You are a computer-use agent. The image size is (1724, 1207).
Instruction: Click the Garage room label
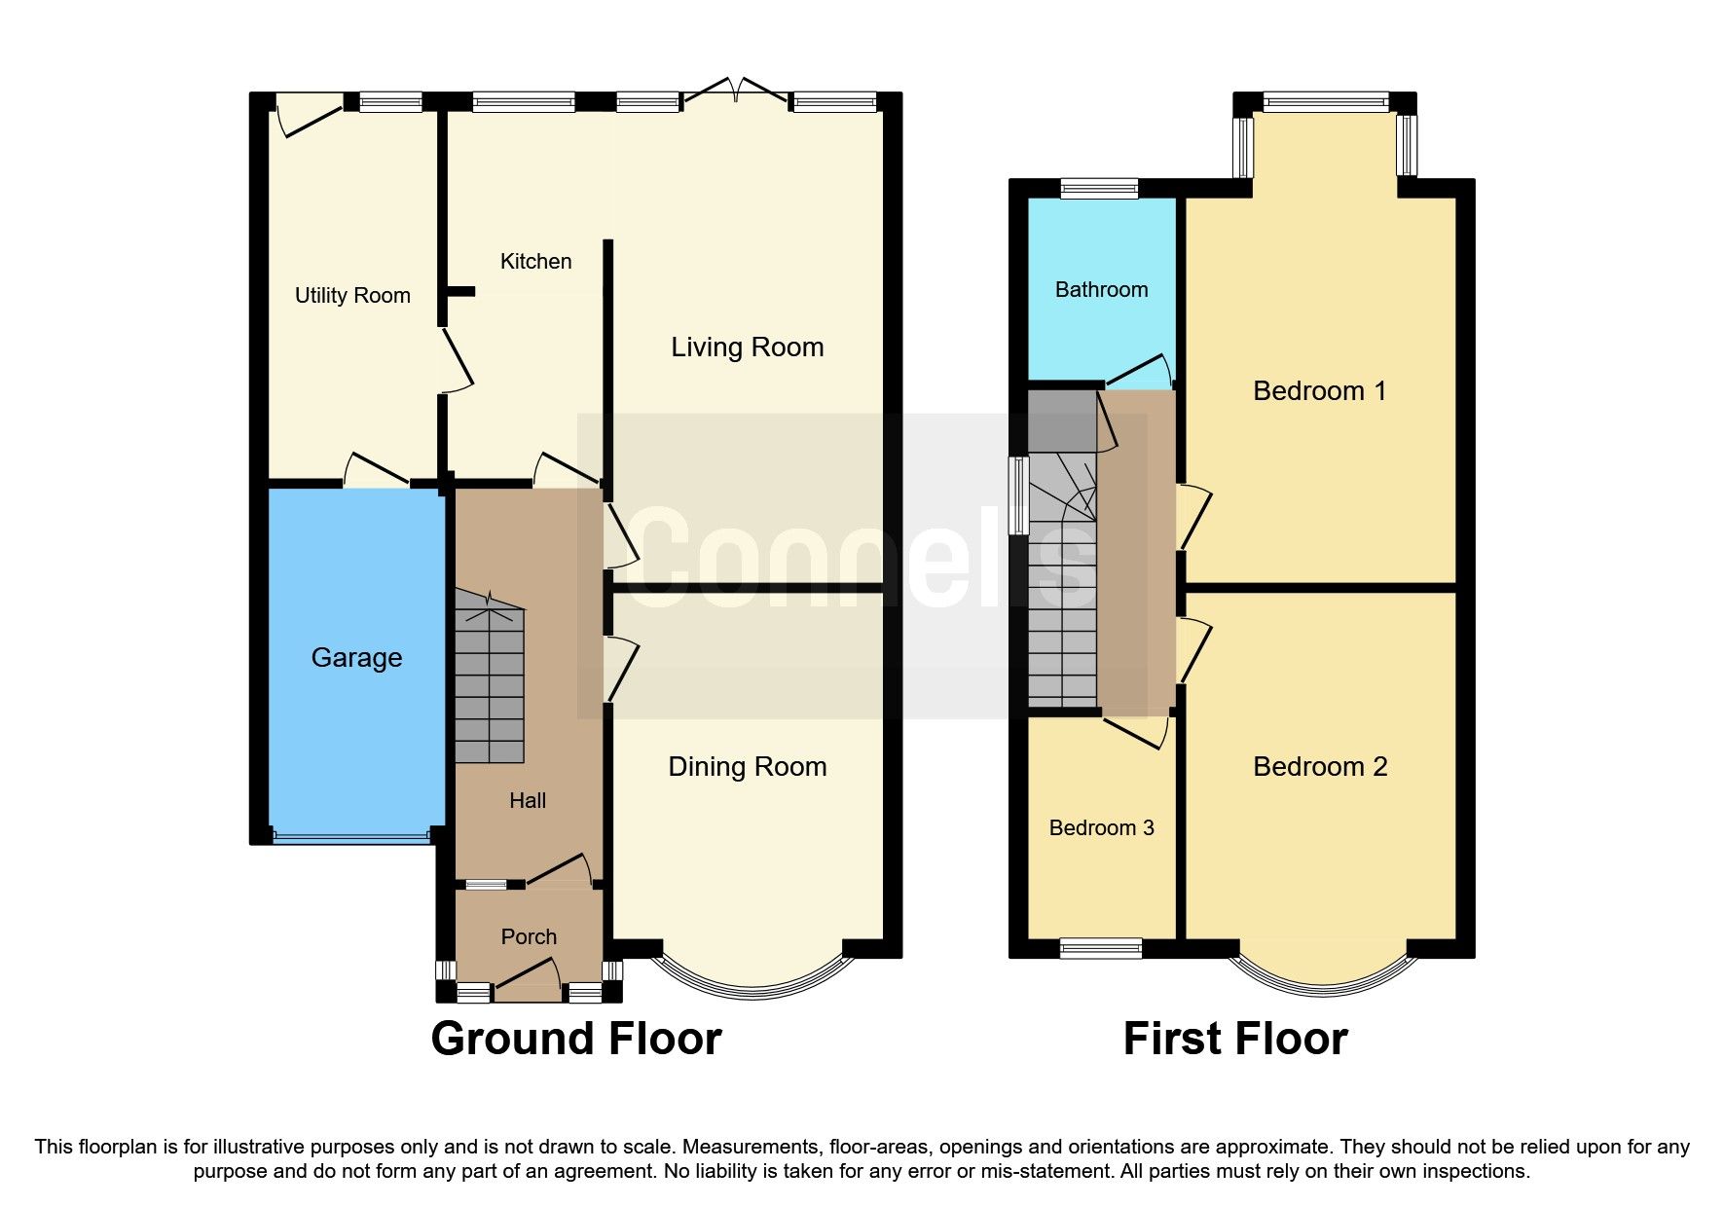[x=356, y=658]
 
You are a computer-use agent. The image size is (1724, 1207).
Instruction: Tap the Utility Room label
[x=352, y=296]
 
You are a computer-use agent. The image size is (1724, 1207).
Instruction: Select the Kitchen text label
[x=535, y=262]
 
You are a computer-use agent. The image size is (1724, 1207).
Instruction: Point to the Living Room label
[x=747, y=347]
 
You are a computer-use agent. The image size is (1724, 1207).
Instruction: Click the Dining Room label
[x=747, y=767]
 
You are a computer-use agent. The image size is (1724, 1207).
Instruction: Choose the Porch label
[x=529, y=937]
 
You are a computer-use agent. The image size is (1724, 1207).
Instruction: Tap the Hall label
[x=528, y=801]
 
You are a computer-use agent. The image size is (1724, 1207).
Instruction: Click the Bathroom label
[x=1101, y=290]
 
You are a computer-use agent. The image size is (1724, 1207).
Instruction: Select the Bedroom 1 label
[x=1319, y=391]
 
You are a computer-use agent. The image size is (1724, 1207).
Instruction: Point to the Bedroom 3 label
[x=1101, y=828]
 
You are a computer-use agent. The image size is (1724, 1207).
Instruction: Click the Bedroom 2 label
[x=1319, y=767]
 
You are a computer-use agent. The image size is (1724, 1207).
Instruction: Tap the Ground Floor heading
[x=576, y=1039]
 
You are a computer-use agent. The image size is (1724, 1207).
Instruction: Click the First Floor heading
[x=1234, y=1039]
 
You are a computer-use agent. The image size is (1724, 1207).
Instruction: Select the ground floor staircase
[x=490, y=681]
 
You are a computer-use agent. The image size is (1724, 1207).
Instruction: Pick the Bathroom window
[x=1099, y=188]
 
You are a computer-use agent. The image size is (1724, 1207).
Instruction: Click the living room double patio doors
[x=737, y=92]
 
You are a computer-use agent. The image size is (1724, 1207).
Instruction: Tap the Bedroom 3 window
[x=1100, y=948]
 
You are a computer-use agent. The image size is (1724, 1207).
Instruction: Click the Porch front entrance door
[x=528, y=983]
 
